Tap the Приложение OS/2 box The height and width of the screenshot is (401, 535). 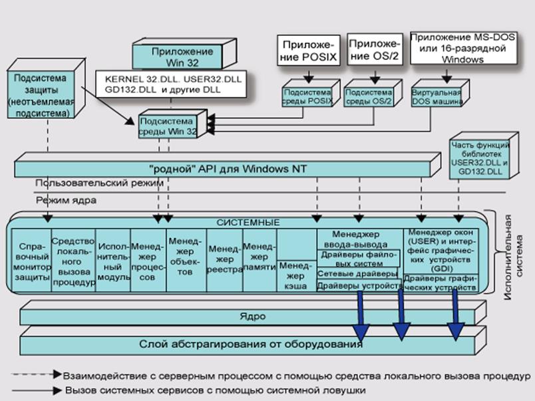[x=373, y=51]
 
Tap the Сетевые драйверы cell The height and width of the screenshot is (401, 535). [x=358, y=273]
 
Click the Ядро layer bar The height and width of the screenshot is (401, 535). [x=247, y=314]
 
